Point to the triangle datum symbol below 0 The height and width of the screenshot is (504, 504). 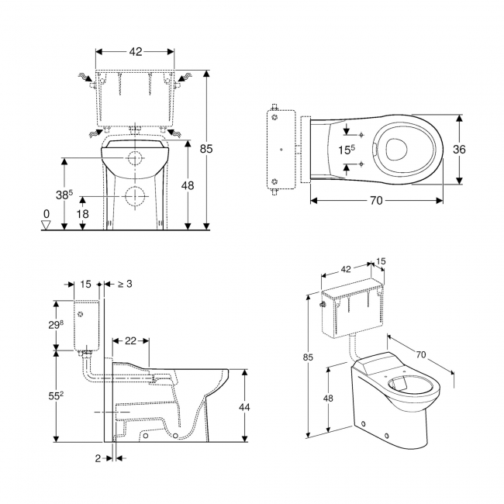(x=46, y=225)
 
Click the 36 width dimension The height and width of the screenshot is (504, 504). (x=459, y=150)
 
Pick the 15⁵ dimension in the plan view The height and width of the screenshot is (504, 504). (x=346, y=149)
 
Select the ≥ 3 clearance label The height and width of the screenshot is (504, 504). (x=123, y=284)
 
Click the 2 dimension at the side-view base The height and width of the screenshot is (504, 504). (x=100, y=458)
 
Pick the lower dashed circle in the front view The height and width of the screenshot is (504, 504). (x=135, y=197)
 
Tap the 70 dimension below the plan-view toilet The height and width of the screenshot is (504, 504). (x=375, y=200)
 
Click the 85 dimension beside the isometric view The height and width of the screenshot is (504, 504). (x=308, y=357)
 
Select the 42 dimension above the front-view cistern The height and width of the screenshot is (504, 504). (x=135, y=51)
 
